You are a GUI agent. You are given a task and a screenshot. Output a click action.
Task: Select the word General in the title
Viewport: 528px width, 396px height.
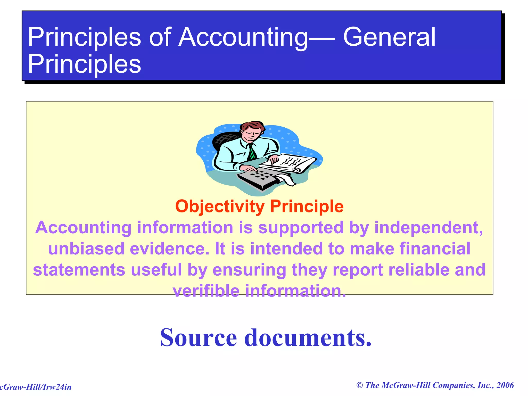click(389, 37)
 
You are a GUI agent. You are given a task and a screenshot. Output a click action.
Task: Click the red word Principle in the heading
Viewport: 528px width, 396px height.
click(307, 207)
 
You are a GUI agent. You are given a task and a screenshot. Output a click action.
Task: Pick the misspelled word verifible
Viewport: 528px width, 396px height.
click(206, 291)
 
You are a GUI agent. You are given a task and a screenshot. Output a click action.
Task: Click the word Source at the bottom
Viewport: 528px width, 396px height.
click(198, 338)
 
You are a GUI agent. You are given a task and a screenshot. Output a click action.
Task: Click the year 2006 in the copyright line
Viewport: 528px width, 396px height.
click(505, 385)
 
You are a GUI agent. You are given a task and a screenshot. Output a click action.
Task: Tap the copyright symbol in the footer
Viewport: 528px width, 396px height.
click(360, 385)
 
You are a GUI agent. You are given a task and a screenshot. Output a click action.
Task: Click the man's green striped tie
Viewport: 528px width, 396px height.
click(251, 152)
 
